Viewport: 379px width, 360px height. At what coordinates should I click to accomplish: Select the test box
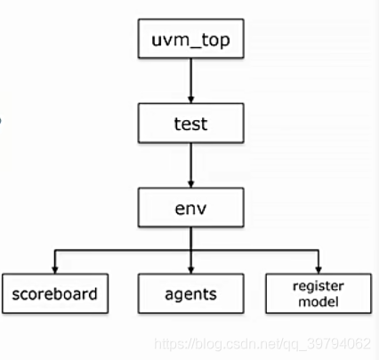pyautogui.click(x=190, y=124)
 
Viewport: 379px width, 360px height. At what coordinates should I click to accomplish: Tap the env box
pyautogui.click(x=190, y=207)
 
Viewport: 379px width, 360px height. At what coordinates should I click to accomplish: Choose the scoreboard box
pyautogui.click(x=55, y=292)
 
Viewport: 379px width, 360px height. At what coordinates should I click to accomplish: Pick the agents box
pyautogui.click(x=190, y=292)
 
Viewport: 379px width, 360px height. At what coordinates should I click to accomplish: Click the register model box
pyautogui.click(x=318, y=292)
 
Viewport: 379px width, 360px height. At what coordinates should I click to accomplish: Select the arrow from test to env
pyautogui.click(x=190, y=165)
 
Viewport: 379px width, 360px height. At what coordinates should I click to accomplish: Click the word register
pyautogui.click(x=318, y=285)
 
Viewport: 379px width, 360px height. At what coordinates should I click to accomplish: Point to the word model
pyautogui.click(x=318, y=301)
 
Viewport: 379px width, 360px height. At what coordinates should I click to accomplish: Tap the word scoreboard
pyautogui.click(x=55, y=292)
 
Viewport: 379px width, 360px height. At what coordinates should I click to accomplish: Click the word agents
pyautogui.click(x=190, y=292)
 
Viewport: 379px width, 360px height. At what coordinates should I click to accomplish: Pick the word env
pyautogui.click(x=190, y=207)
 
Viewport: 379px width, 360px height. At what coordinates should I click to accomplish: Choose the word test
pyautogui.click(x=190, y=124)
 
